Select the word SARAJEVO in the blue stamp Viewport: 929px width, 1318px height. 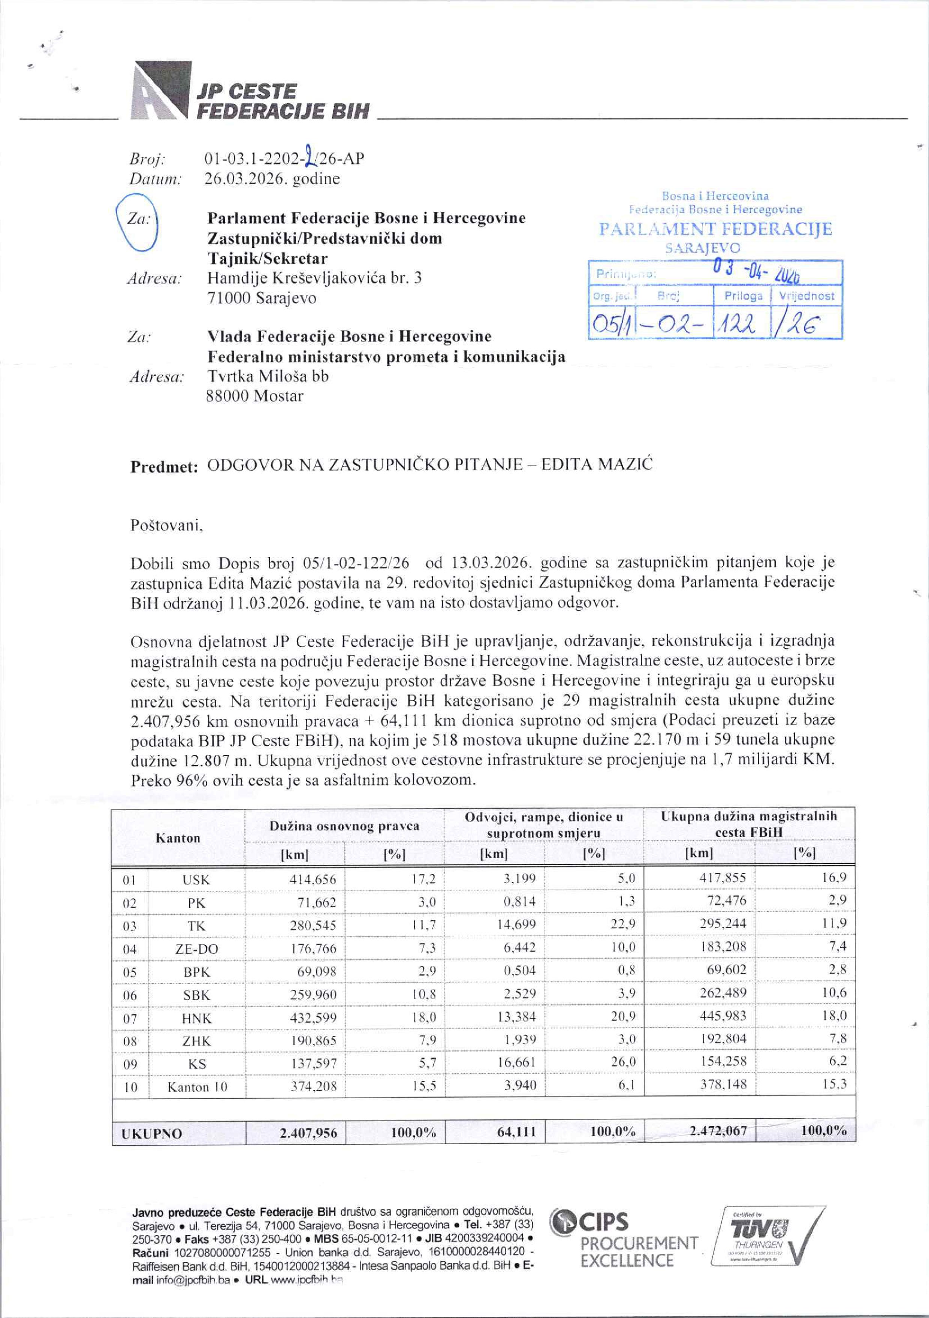[x=703, y=248]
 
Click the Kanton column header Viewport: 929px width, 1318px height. [x=178, y=838]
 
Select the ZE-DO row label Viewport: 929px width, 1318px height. [x=196, y=949]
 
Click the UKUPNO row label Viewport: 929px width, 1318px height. [x=151, y=1134]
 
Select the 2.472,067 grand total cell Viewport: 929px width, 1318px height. [x=718, y=1131]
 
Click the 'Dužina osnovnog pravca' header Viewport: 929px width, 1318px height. [x=344, y=826]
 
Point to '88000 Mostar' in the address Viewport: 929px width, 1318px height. [x=254, y=396]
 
